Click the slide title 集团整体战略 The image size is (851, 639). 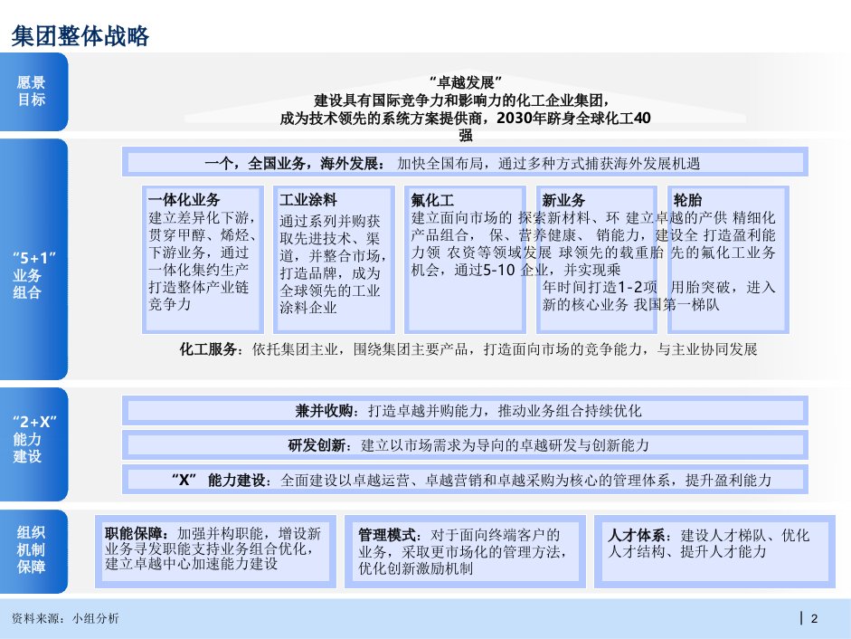point(80,35)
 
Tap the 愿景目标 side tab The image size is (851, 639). point(32,91)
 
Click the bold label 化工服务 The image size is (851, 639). point(208,348)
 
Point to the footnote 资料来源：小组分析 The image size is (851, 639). point(64,618)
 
